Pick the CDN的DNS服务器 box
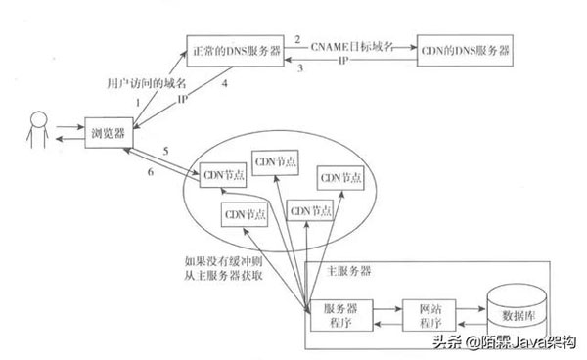[466, 49]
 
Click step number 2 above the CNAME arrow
[298, 37]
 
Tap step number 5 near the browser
[166, 151]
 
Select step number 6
[151, 171]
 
